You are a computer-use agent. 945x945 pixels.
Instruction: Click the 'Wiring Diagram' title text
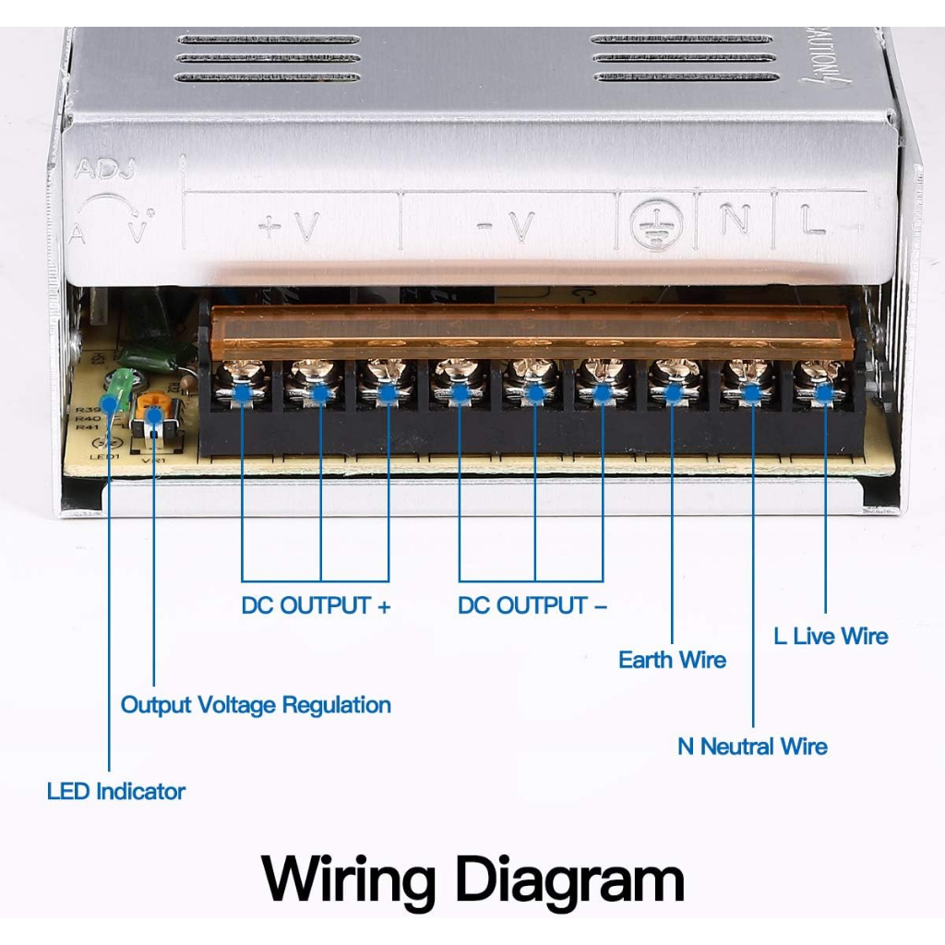(x=472, y=879)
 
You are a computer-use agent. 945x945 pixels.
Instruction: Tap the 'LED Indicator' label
(x=116, y=791)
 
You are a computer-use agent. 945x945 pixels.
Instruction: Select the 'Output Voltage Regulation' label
(x=256, y=705)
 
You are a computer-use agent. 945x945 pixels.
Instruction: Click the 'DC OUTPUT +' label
(x=316, y=605)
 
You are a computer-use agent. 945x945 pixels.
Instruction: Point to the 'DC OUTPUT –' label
(x=532, y=605)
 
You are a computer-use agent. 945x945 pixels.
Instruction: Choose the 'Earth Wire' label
(x=672, y=660)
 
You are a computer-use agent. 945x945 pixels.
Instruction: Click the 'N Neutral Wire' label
(x=752, y=746)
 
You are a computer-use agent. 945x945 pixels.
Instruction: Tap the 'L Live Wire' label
(x=831, y=636)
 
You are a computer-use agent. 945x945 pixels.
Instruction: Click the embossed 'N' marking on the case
(x=734, y=220)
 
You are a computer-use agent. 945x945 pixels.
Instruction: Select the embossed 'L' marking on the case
(x=813, y=221)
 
